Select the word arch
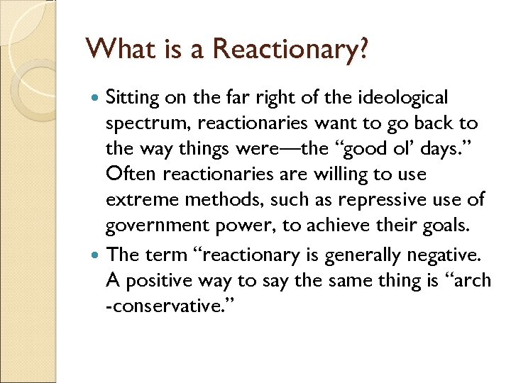[469, 281]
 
